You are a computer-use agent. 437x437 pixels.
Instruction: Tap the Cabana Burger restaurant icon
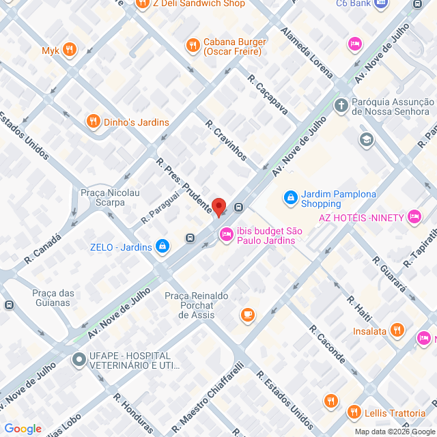(x=193, y=45)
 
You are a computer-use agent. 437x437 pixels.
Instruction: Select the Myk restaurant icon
(x=69, y=50)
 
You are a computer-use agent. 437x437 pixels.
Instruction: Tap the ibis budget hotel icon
(x=225, y=235)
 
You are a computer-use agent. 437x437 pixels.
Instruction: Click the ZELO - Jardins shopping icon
(x=163, y=246)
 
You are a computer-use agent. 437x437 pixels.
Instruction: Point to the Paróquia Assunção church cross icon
(x=341, y=106)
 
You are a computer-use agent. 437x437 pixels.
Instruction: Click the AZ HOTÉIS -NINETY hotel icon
(x=414, y=217)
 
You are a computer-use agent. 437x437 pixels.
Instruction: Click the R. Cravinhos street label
(x=226, y=141)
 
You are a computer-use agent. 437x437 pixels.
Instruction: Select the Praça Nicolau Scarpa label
(x=110, y=198)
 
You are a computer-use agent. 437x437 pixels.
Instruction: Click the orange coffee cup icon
(x=247, y=315)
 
